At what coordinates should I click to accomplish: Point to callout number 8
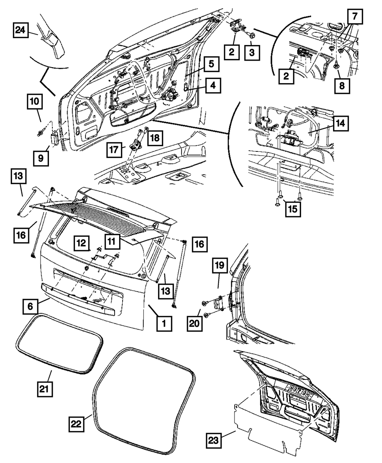pos(341,85)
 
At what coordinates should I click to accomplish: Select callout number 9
pos(41,158)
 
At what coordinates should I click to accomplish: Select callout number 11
pos(111,240)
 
